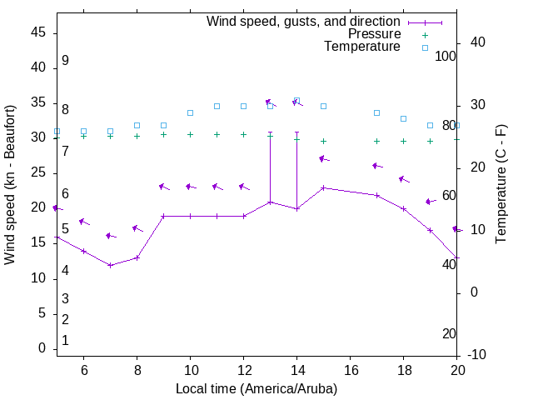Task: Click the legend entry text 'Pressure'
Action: (374, 34)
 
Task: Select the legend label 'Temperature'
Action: (362, 47)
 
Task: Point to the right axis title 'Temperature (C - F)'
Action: (501, 185)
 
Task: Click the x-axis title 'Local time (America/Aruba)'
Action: (257, 389)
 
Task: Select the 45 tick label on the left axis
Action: (37, 32)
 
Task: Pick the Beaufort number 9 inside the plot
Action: (65, 61)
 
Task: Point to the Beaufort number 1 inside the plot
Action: (65, 341)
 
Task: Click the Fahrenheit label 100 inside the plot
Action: (446, 56)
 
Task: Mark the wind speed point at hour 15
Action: (324, 188)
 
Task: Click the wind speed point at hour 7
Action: (110, 265)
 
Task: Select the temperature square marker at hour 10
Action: (190, 112)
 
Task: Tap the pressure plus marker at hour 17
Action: (377, 141)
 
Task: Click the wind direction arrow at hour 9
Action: (164, 187)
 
